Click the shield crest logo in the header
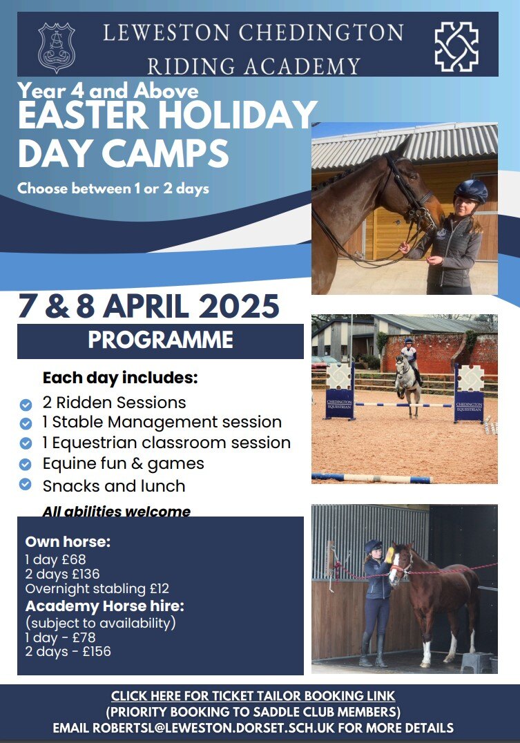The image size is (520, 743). (57, 48)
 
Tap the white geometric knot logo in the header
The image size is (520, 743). (456, 46)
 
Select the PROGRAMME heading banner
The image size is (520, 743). (160, 340)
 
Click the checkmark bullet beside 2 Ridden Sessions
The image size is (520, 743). (26, 405)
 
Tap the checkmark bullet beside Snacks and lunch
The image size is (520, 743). (26, 484)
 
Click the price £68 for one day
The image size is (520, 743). (74, 559)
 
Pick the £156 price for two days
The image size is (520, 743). (97, 652)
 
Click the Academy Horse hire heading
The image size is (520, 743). (105, 606)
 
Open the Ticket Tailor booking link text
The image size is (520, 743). (253, 695)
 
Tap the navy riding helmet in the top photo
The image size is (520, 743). (470, 191)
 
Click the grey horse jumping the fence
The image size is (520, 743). (407, 384)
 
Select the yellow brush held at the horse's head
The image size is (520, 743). (390, 555)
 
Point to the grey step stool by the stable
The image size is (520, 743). (476, 662)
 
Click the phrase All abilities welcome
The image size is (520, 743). (117, 511)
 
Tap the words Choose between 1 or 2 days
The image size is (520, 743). (113, 189)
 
